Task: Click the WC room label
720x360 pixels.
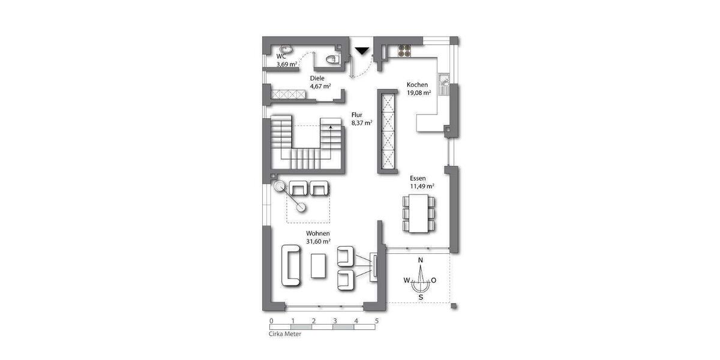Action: (281, 56)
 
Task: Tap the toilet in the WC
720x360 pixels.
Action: (331, 59)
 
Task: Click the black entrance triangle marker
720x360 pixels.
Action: (362, 52)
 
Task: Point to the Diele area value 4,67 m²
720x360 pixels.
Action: (320, 86)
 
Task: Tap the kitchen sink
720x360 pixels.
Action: (444, 85)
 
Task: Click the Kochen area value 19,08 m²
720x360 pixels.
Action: (419, 93)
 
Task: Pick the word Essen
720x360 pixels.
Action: (418, 178)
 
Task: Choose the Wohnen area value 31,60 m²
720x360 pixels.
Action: (319, 241)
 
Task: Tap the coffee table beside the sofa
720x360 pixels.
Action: (319, 265)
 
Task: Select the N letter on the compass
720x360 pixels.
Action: (421, 260)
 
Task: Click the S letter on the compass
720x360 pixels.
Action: (421, 296)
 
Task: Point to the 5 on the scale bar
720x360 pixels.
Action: (377, 321)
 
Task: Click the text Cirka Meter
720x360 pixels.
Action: (285, 334)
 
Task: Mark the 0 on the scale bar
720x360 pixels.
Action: (271, 321)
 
